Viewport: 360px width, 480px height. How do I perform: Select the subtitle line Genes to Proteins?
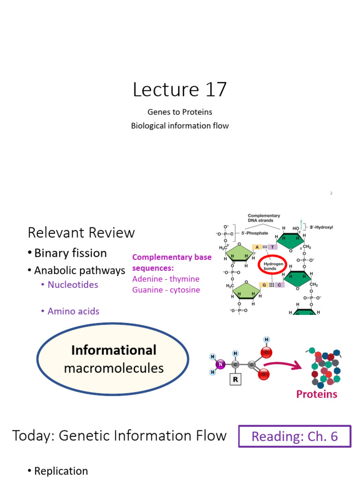click(180, 112)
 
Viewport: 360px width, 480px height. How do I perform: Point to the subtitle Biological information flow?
click(180, 126)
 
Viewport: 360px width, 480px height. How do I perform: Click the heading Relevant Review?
click(81, 232)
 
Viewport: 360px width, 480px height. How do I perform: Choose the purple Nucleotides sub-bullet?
click(73, 285)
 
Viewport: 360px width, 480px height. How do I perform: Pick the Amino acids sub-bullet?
click(73, 311)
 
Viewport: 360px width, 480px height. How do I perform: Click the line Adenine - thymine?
click(166, 279)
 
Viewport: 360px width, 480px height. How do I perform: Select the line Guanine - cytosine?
click(166, 290)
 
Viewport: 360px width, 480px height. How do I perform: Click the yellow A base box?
click(257, 247)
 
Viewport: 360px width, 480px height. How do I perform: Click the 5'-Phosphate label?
click(255, 232)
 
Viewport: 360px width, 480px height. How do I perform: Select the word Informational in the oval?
click(113, 350)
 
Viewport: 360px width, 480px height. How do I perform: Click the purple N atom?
click(220, 364)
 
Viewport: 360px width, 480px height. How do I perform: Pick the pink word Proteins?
click(316, 394)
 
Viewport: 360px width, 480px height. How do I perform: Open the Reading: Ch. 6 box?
click(294, 436)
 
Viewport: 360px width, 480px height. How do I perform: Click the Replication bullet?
click(61, 471)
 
